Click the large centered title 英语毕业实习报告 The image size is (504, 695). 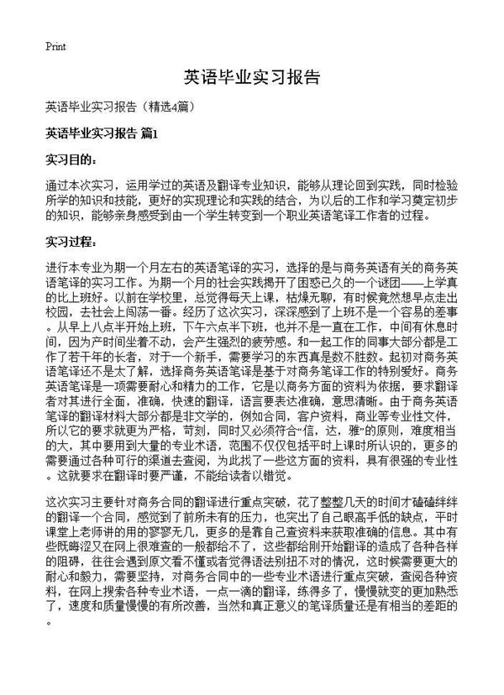pos(252,78)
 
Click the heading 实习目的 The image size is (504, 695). pos(72,158)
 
